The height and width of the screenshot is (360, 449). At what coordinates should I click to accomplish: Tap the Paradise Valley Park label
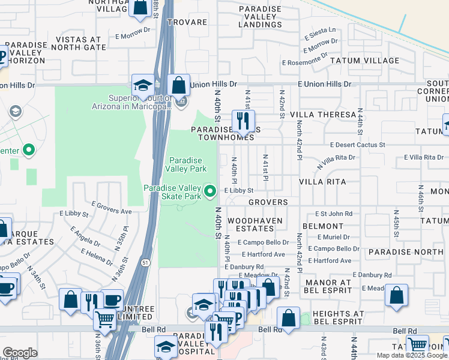point(187,165)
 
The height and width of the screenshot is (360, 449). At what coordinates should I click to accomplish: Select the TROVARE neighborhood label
point(187,22)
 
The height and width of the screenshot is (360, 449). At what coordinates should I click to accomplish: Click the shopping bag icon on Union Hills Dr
point(179,85)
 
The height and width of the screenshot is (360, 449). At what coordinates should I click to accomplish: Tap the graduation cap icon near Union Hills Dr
point(143,85)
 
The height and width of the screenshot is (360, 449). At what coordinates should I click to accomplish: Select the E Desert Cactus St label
point(357,145)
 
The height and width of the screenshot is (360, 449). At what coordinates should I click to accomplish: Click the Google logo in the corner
point(20,353)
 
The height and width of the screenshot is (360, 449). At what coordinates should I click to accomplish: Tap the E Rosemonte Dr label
point(305,61)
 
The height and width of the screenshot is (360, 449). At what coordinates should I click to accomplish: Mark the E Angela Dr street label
point(85,235)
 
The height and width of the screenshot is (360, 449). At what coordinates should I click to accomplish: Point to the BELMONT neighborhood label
point(322,226)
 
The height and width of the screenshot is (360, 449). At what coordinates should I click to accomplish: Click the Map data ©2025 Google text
point(412,355)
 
